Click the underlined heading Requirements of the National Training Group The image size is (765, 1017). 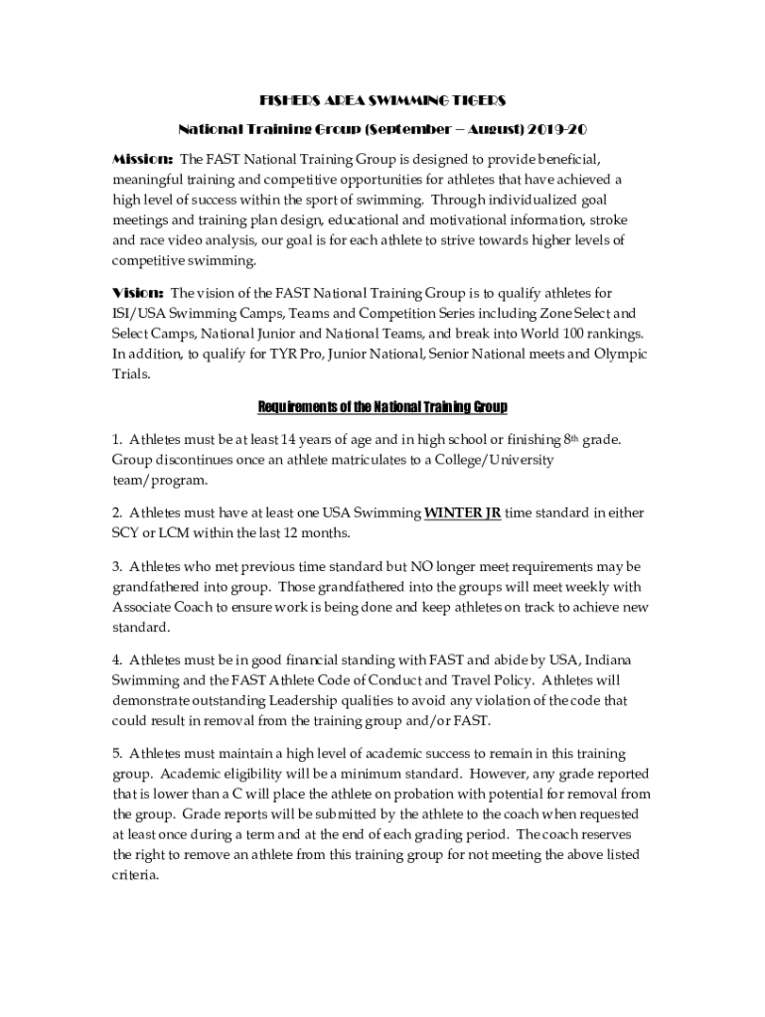(x=382, y=407)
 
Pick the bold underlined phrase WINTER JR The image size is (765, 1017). (x=462, y=513)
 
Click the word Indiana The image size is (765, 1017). (x=620, y=660)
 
